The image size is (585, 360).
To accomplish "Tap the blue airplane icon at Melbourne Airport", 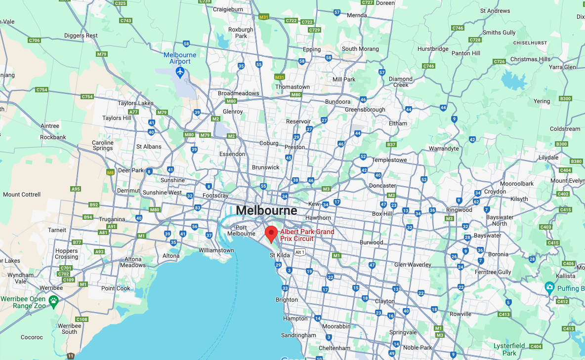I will pos(180,73).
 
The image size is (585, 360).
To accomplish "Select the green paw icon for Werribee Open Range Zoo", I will pos(53,299).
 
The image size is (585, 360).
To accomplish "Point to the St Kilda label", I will pos(280,255).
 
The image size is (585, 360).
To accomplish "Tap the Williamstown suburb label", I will pos(216,250).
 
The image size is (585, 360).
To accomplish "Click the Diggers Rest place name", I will pos(81,36).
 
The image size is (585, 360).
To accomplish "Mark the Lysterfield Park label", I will pos(509,350).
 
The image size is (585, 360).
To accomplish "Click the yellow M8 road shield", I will pos(111,172).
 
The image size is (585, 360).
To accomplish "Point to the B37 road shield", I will pos(391,145).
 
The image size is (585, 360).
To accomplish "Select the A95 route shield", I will pos(76,189).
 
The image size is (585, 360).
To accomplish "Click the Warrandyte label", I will pos(444,148).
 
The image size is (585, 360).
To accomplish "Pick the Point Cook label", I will pos(116,288).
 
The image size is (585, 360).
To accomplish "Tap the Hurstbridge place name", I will pos(433,49).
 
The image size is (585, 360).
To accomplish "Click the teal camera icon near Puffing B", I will pos(549,287).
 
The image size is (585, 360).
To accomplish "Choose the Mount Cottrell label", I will pos(22,195).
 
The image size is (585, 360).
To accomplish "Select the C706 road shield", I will pos(34,40).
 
